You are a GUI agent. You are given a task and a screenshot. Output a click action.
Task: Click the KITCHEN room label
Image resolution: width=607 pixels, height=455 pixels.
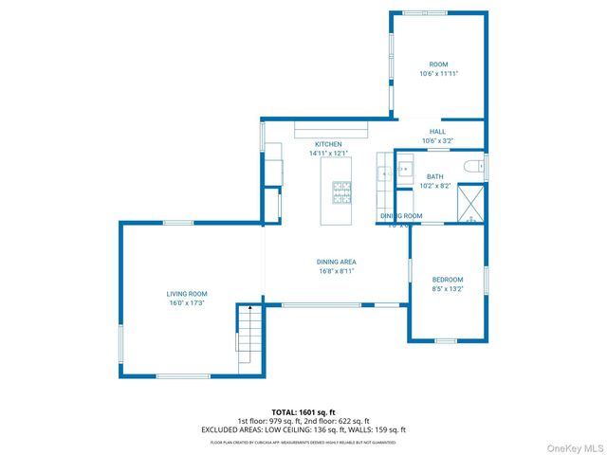[x=328, y=144]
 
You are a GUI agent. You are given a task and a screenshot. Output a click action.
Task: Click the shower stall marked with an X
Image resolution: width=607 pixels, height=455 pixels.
[x=470, y=201]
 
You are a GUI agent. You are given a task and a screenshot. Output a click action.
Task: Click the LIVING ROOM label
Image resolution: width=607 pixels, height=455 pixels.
[x=186, y=294]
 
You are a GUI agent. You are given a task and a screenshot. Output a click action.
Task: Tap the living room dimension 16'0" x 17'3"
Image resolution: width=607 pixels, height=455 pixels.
[x=186, y=303]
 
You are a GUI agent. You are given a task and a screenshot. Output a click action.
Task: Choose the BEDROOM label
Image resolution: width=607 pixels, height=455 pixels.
[x=448, y=280]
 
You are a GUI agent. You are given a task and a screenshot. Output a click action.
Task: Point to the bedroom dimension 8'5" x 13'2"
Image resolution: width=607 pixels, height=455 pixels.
[x=448, y=289]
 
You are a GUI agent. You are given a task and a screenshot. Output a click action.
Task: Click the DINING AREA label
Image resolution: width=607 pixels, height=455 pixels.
[x=337, y=262]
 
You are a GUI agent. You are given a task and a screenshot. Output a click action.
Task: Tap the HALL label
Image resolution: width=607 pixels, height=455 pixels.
[x=437, y=132]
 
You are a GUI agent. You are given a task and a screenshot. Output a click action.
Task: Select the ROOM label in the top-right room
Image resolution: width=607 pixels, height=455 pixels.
[x=438, y=64]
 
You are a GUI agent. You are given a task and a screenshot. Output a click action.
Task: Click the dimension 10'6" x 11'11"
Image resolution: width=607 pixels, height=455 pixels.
[x=438, y=73]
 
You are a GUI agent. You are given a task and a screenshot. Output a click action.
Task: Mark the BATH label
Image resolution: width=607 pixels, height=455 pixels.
[x=434, y=176]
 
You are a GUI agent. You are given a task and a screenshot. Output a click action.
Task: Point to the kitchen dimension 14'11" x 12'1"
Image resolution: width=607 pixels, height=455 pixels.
[x=328, y=153]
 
